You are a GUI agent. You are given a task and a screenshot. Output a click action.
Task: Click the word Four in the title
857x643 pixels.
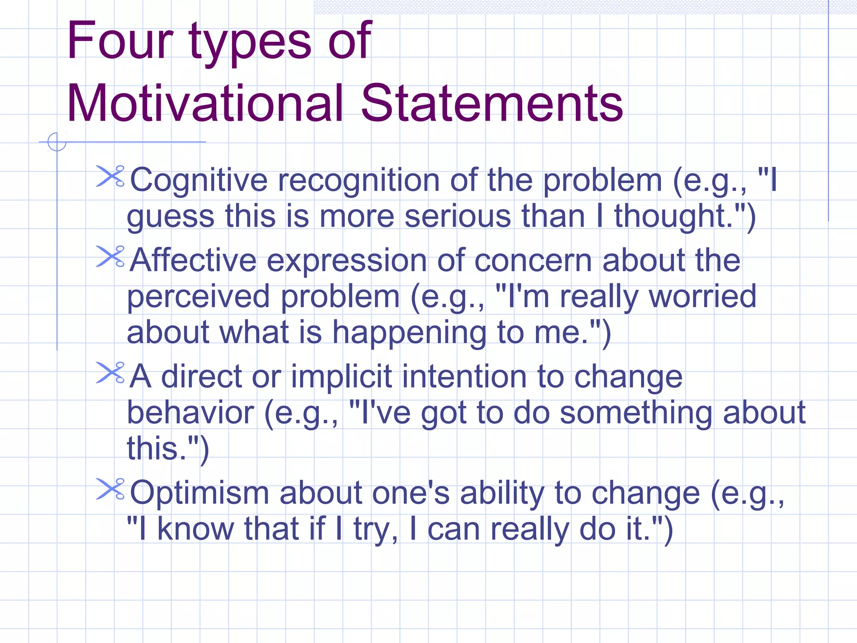[120, 41]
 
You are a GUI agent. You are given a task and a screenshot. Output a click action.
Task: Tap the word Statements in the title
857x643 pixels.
[492, 103]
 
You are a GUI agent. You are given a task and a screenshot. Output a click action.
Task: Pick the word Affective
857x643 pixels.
[193, 260]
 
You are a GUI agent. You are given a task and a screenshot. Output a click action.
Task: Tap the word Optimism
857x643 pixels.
[199, 493]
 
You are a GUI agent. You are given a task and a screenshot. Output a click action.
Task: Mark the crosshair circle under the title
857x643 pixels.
[57, 142]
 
